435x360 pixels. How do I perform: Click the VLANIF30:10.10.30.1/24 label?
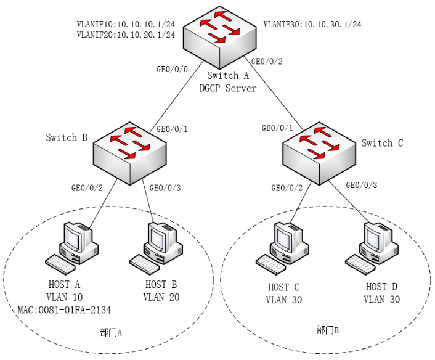coord(312,25)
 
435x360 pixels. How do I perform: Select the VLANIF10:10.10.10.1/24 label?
coord(126,24)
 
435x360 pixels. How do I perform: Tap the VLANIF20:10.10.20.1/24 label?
coord(126,35)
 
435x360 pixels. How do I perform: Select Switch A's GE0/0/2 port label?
coord(268,62)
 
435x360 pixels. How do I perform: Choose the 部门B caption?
coord(327,331)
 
